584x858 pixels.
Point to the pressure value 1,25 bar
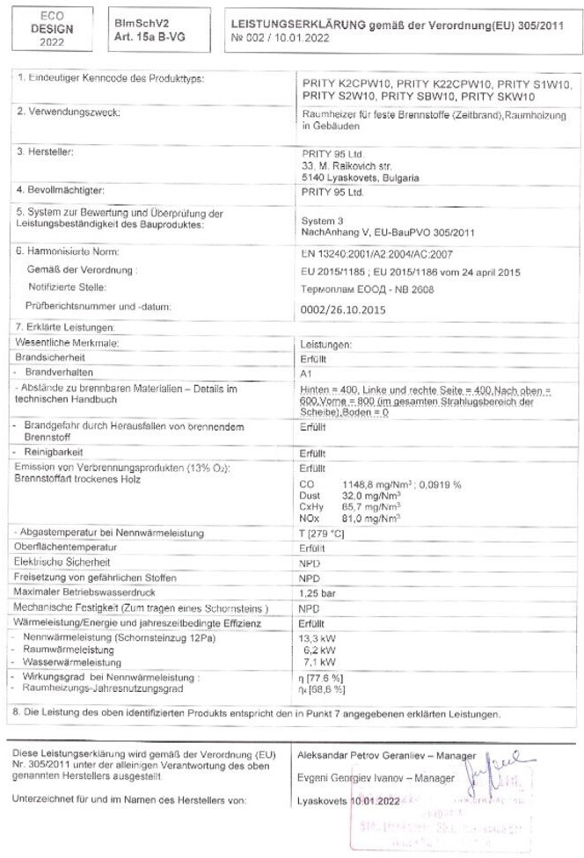[319, 593]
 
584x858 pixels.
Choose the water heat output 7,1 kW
[318, 661]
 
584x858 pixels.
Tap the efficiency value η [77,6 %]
[320, 677]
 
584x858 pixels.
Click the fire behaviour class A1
[307, 373]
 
